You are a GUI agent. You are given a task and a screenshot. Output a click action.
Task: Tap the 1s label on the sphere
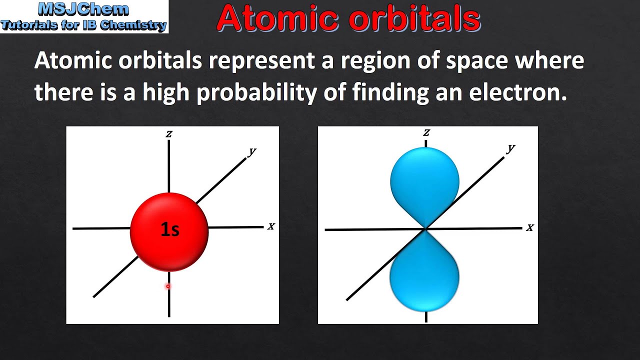point(169,229)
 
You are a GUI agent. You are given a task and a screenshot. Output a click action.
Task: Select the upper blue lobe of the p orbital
point(424,180)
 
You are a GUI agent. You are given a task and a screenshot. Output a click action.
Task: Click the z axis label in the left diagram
point(169,133)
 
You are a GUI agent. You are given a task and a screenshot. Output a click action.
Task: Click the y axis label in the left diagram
point(252,151)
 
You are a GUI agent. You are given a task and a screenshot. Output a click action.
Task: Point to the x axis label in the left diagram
point(271,226)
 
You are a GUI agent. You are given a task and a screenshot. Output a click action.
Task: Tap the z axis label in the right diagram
point(426,132)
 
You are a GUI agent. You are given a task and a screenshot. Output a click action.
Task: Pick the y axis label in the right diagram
point(510,148)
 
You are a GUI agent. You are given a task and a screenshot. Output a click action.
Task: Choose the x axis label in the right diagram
point(529,227)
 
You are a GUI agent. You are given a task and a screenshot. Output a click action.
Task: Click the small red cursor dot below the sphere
point(168,286)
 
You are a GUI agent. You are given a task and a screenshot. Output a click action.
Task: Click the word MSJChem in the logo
point(83,9)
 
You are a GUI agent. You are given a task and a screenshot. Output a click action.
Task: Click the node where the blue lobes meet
point(425,229)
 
